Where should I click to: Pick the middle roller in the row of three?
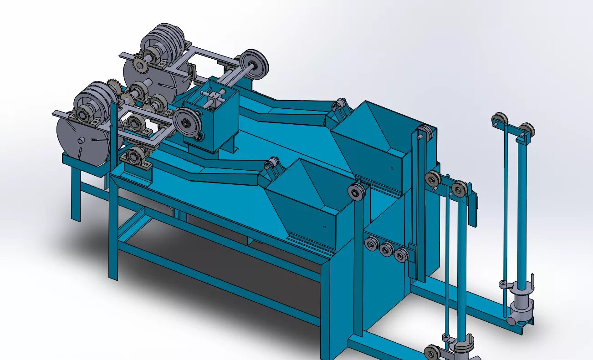[386, 249]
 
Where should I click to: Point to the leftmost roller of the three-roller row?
[372, 244]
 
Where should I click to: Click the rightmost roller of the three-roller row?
[401, 254]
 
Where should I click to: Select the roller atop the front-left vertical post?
[356, 192]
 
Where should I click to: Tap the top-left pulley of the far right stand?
[500, 120]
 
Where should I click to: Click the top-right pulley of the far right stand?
[527, 130]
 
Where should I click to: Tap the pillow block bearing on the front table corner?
[135, 157]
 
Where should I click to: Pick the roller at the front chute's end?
[273, 163]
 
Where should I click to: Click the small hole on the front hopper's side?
[324, 226]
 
